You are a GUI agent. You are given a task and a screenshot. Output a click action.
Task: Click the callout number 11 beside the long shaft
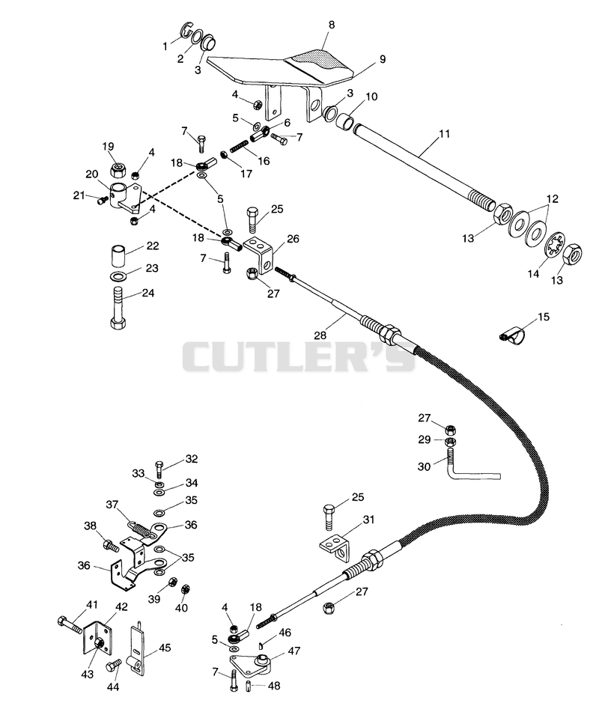444,133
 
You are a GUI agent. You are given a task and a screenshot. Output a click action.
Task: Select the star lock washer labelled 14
556,246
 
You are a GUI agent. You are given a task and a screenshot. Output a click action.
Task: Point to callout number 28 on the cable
320,335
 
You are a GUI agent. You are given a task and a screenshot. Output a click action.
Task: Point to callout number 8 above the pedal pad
332,25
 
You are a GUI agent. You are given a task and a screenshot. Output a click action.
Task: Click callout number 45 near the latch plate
164,648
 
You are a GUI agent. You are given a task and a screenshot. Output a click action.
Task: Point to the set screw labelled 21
103,200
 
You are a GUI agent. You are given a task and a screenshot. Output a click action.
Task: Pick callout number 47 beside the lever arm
294,651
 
